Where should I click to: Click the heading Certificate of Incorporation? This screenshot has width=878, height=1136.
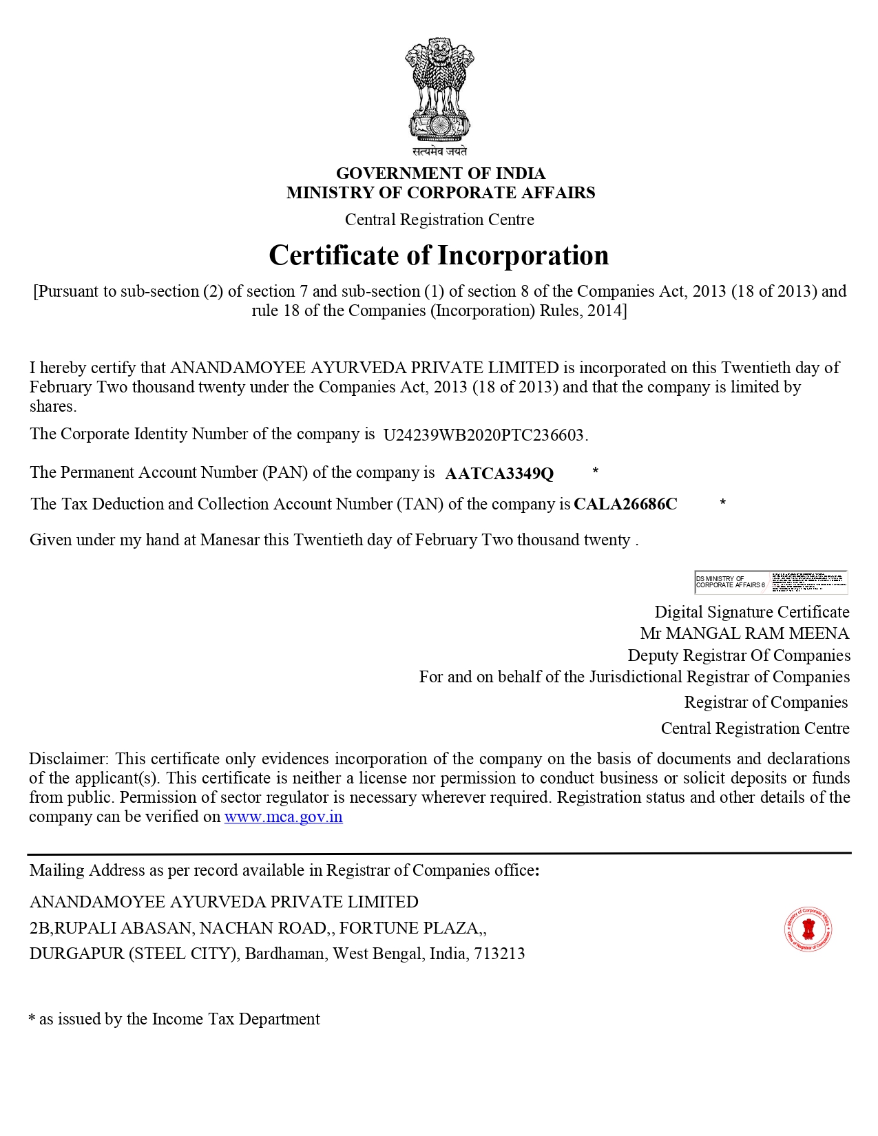tap(439, 255)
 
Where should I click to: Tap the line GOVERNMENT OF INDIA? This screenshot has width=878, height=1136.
tap(440, 173)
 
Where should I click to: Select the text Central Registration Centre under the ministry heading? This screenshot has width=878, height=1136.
tap(439, 220)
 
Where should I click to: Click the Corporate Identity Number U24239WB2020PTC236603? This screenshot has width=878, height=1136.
tap(484, 435)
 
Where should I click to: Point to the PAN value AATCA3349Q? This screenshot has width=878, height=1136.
tap(499, 474)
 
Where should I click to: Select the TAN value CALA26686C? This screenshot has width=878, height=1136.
tap(625, 504)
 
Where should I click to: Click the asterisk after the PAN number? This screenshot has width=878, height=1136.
tap(595, 471)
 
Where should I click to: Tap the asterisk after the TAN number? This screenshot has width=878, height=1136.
tap(722, 503)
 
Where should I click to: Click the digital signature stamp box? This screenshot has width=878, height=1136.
tap(771, 582)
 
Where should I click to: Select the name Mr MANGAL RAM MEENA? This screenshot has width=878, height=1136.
tap(744, 633)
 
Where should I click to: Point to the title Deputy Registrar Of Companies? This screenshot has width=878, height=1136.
tap(738, 655)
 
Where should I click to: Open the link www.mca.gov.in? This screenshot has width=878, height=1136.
tap(283, 817)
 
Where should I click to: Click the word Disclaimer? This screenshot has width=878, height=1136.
tap(67, 759)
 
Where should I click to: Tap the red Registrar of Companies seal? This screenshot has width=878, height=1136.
tap(808, 929)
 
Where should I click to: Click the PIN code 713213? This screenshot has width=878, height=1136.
tap(499, 954)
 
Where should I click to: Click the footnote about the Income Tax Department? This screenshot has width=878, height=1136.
tap(174, 1019)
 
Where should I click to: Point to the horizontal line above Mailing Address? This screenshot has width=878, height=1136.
tap(439, 853)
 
